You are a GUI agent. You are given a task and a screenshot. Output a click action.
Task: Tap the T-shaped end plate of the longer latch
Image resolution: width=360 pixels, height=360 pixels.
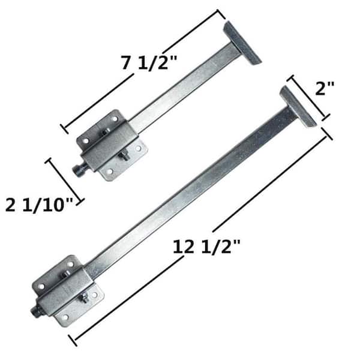(298, 106)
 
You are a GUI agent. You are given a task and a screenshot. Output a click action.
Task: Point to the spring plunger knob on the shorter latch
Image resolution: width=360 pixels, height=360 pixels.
(78, 170)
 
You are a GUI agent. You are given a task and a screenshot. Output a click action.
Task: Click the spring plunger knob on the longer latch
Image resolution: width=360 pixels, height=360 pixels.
(37, 311)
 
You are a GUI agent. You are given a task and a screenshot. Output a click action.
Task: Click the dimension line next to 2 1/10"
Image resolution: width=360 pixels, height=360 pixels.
(64, 179)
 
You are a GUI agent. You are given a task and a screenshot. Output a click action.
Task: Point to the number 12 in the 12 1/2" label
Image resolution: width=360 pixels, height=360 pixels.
(182, 247)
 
